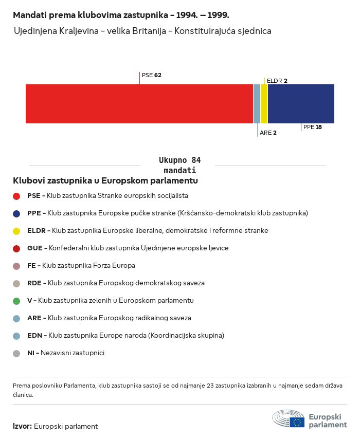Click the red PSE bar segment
click(139, 104)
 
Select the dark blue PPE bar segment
click(301, 104)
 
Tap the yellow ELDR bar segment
click(264, 104)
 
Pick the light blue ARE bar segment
click(257, 104)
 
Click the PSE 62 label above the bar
click(152, 75)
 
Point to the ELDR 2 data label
click(277, 81)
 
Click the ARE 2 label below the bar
click(268, 133)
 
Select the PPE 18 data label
click(312, 127)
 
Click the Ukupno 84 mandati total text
click(179, 166)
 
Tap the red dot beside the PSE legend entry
click(16, 196)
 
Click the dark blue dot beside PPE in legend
click(16, 213)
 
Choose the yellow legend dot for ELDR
click(16, 231)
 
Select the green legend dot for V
click(16, 301)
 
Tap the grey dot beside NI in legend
click(16, 353)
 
